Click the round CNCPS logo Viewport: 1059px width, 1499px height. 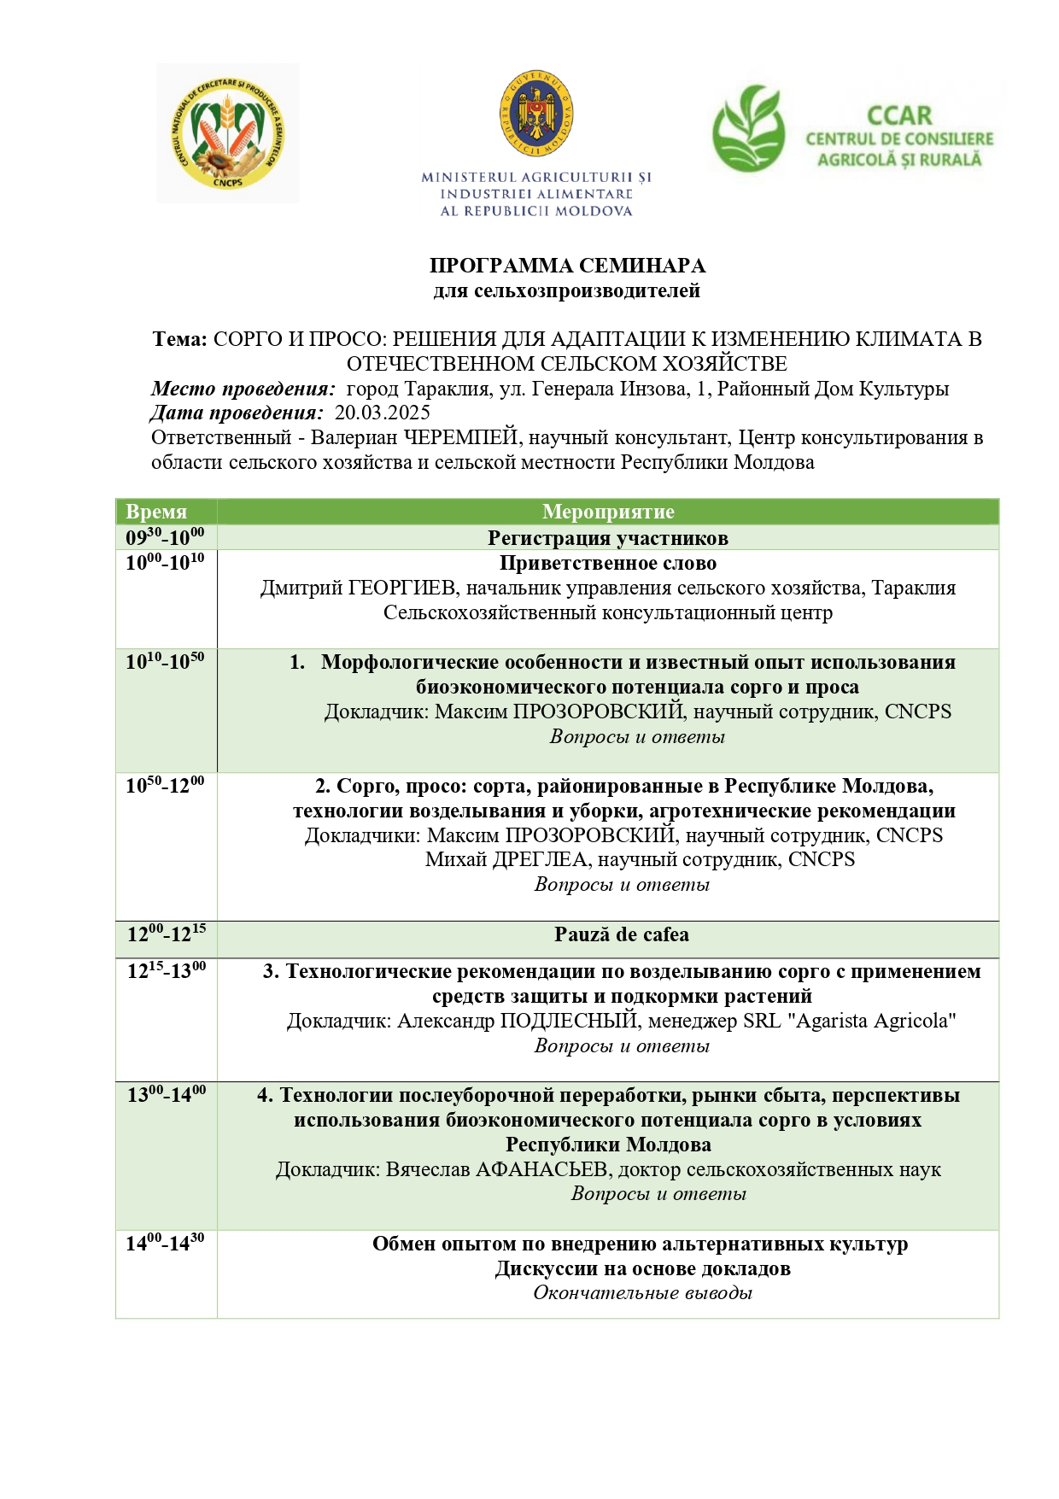pyautogui.click(x=228, y=133)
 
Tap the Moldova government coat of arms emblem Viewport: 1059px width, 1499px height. pyautogui.click(x=535, y=114)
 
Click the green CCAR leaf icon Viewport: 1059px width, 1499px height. pyautogui.click(x=749, y=128)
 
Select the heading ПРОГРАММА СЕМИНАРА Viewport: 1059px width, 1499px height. pyautogui.click(x=567, y=266)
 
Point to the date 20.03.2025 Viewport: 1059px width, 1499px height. pyautogui.click(x=382, y=413)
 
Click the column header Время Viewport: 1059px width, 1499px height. pyautogui.click(x=156, y=512)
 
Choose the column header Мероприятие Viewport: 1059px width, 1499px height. pyautogui.click(x=608, y=512)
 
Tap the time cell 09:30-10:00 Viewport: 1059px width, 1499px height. pyautogui.click(x=165, y=537)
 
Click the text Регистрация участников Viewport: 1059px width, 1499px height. pyautogui.click(x=608, y=538)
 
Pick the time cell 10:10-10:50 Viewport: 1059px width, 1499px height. pyautogui.click(x=165, y=662)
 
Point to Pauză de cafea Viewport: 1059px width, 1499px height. pyautogui.click(x=621, y=934)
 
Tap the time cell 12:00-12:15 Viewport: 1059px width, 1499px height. pyautogui.click(x=167, y=934)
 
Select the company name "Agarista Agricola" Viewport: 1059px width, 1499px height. pyautogui.click(x=875, y=1021)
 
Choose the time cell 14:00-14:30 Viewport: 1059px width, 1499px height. pyautogui.click(x=165, y=1244)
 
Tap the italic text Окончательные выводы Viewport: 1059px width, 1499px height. pyautogui.click(x=642, y=1293)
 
